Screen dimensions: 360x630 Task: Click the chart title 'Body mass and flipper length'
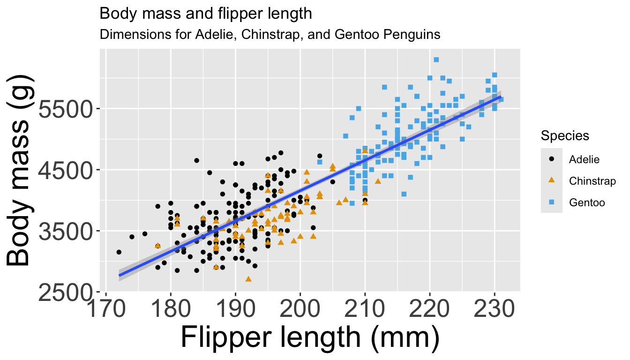pos(206,14)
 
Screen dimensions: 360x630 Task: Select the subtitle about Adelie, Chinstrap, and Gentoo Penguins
pos(270,35)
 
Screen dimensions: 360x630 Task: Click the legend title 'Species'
pos(565,136)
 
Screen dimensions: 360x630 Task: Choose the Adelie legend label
pos(584,159)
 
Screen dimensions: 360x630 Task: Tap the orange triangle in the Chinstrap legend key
pos(552,180)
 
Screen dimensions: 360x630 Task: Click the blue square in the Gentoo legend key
pos(552,202)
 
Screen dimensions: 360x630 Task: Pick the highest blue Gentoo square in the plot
pos(436,60)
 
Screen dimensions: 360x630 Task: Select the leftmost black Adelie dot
pos(119,252)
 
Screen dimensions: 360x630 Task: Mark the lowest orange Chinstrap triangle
pos(248,279)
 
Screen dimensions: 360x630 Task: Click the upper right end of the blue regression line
pos(500,97)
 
